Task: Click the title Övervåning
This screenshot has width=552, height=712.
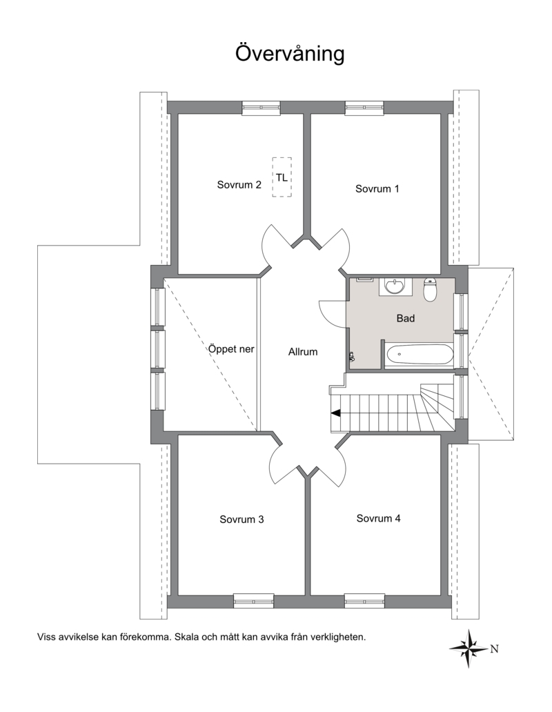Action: point(290,53)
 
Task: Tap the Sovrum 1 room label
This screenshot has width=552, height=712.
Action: point(377,189)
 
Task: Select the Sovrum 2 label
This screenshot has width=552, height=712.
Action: point(239,185)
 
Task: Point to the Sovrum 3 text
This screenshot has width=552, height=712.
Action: point(241,519)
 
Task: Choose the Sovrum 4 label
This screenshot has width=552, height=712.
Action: point(378,518)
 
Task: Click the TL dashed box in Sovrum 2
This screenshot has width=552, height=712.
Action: point(282,177)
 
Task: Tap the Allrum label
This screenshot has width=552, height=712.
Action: point(303,352)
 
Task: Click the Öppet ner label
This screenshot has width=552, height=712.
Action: point(231,349)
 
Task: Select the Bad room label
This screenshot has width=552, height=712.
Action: point(406,318)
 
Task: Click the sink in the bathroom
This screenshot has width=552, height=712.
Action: point(395,286)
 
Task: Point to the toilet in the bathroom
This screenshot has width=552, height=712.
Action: point(431,289)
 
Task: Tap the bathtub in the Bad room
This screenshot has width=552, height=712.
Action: point(419,354)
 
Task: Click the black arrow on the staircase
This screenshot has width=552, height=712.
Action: point(336,413)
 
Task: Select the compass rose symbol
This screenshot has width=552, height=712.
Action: point(469,649)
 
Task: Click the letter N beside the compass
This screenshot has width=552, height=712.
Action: point(494,649)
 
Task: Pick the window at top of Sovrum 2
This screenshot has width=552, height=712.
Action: point(261,108)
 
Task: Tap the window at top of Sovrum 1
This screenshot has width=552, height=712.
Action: point(364,108)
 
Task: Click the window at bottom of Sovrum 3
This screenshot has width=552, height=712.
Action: point(254,601)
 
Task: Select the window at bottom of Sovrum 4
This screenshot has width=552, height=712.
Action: point(364,601)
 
